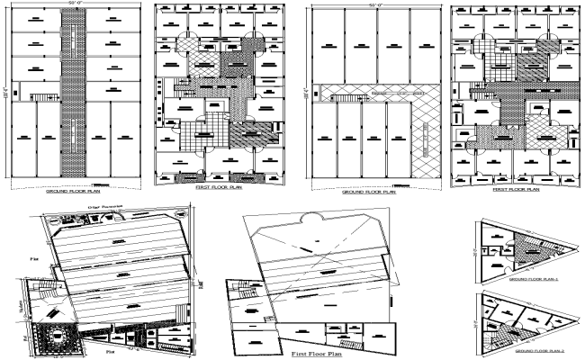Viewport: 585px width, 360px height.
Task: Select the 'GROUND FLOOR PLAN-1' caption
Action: [x=530, y=280]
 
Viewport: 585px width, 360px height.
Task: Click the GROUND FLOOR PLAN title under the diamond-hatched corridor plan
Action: [x=369, y=191]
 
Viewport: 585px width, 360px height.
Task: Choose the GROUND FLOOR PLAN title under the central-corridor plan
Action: [x=78, y=192]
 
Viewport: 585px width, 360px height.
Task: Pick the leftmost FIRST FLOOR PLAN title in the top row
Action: [x=219, y=191]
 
